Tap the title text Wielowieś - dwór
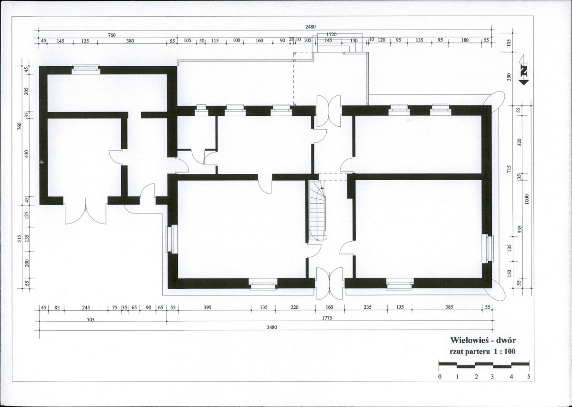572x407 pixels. point(483,340)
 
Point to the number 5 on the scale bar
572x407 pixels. point(529,377)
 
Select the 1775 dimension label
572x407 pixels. point(327,318)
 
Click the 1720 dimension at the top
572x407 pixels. point(331,34)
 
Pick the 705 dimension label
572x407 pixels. point(91,320)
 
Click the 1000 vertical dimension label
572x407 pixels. point(526,199)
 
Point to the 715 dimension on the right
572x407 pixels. point(510,169)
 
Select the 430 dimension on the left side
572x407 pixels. point(26,154)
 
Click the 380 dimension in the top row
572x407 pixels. point(130,41)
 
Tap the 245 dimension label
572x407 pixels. point(86,307)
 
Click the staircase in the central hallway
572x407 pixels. point(317,211)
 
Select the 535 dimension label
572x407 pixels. point(520,229)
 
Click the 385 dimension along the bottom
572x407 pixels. point(449,307)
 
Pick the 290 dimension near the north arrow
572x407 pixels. point(510,77)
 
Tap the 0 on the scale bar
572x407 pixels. point(440,377)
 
